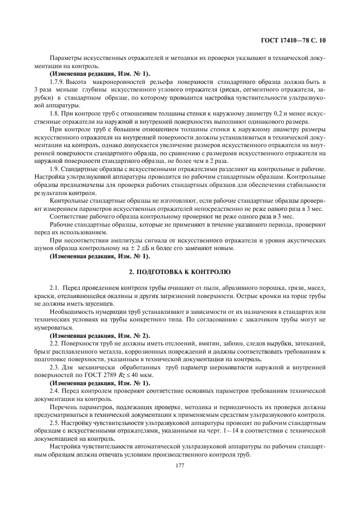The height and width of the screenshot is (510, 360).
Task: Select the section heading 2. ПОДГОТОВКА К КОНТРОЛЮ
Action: pyautogui.click(x=180, y=271)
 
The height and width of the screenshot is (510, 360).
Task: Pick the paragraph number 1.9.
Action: pyautogui.click(x=53, y=169)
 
